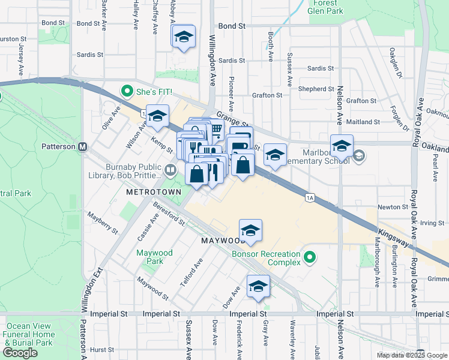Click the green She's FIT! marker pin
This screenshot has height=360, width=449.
[127, 92]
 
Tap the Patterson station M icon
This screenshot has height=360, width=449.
[83, 146]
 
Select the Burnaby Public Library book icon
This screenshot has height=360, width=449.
[171, 171]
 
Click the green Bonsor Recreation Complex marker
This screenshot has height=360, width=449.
[310, 257]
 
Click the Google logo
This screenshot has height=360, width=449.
[20, 353]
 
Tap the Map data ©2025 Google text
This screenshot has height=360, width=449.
[412, 355]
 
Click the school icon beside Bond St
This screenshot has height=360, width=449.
[184, 37]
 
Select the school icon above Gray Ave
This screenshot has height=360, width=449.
[258, 286]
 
